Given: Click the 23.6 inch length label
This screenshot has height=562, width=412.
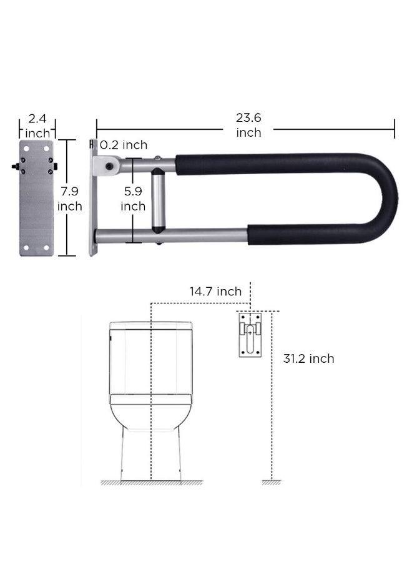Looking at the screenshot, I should tap(248, 125).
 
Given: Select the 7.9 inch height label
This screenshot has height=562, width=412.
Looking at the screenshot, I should tap(70, 197).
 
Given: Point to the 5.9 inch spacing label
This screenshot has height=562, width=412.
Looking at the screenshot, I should tap(133, 197).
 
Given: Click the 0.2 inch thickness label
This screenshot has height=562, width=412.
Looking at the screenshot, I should tap(124, 145).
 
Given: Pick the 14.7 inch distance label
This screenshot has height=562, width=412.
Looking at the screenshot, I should tap(215, 292).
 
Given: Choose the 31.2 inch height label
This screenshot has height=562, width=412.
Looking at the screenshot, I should tap(308, 358).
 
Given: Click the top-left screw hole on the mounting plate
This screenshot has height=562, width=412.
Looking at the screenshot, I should tap(27, 147).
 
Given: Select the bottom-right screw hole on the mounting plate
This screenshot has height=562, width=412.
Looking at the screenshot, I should tap(46, 249).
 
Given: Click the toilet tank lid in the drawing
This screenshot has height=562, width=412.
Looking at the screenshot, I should tap(150, 325).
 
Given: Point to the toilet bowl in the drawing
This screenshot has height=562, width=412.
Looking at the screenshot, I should tap(150, 415).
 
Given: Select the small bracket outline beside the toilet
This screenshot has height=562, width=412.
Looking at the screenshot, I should tap(250, 335).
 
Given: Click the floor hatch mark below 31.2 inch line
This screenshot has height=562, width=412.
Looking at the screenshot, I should tap(271, 482).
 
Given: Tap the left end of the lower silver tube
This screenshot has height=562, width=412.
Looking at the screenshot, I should tap(99, 235).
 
